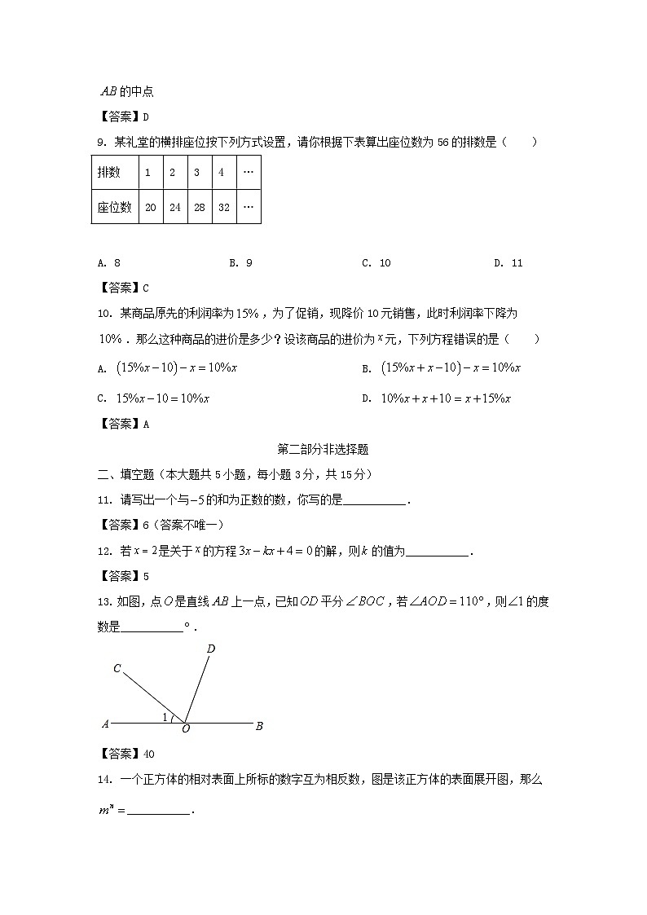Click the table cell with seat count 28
point(199,207)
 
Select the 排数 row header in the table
point(108,173)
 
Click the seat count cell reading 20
point(150,207)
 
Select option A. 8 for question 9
point(108,262)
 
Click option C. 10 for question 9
point(376,262)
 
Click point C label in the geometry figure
point(117,669)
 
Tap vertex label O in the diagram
point(185,729)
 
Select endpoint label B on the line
point(258,725)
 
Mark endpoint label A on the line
point(105,724)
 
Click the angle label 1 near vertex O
point(165,717)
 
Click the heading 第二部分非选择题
point(323,448)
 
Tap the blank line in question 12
point(438,552)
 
